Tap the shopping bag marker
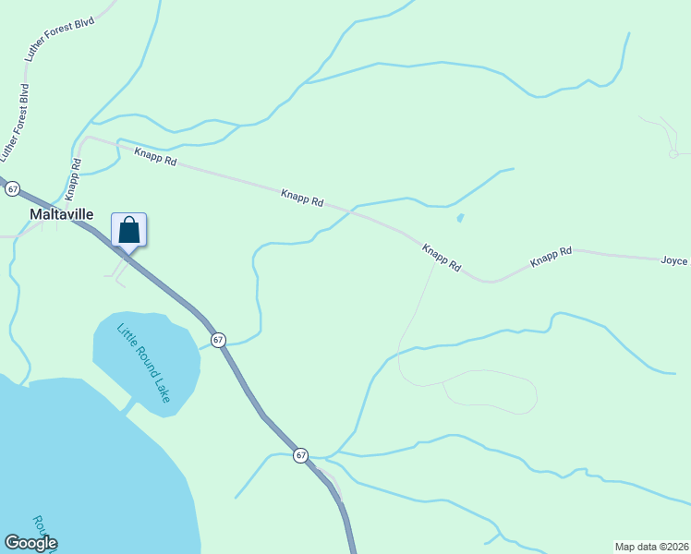(x=129, y=231)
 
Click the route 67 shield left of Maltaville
(x=12, y=188)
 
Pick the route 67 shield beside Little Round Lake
(x=218, y=340)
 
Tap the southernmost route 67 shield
(x=301, y=455)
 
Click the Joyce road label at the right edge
(x=674, y=260)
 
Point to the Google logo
(x=30, y=543)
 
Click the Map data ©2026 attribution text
(x=651, y=547)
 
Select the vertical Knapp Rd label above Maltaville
(x=73, y=179)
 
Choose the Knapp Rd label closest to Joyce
(x=552, y=257)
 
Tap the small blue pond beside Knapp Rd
(x=460, y=219)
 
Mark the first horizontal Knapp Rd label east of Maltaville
(x=154, y=157)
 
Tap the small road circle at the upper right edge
(x=674, y=153)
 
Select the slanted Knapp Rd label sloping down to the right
(x=442, y=257)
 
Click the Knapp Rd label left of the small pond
(x=303, y=197)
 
